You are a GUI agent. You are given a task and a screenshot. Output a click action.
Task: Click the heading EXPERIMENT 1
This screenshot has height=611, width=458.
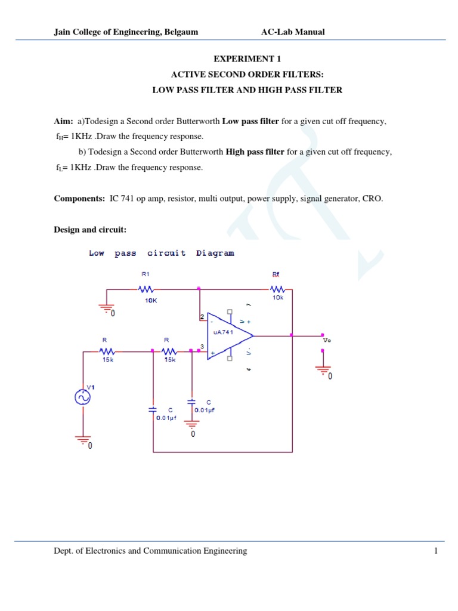pos(246,59)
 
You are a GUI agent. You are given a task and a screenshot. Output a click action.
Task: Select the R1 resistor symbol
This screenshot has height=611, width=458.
pos(146,289)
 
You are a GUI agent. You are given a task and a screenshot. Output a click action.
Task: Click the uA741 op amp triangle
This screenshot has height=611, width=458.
pos(230,336)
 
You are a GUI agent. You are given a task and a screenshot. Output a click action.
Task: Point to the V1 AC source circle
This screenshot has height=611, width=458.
pos(82,397)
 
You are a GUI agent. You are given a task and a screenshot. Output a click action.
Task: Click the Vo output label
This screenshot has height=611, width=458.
pos(326,340)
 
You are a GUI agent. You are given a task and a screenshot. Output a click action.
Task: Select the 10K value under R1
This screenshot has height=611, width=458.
pos(150,301)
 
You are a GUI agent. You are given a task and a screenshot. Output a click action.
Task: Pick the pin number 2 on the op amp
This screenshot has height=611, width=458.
pos(203,317)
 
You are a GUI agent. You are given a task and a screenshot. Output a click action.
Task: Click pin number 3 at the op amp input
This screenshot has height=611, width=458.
pos(203,346)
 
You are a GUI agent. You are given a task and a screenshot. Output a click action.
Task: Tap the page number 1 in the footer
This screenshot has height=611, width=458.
pos(436,551)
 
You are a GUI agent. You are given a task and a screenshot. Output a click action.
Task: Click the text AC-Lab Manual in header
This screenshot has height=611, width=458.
pos(293,32)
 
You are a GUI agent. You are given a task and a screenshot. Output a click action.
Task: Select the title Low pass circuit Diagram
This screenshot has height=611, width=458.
pos(162,253)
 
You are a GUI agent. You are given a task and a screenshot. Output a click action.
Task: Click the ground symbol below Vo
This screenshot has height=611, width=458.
pos(323,369)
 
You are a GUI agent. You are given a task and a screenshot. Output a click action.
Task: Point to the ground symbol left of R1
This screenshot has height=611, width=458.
pos(106,307)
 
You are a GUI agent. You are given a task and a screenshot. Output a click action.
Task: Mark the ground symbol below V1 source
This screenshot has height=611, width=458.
pos(82,441)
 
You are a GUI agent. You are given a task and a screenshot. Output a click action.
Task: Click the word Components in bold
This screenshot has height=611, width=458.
pos(78,199)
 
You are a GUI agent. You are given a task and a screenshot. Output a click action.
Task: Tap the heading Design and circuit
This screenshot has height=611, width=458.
pos(90,229)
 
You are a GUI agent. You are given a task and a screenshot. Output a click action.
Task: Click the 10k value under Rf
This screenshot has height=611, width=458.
pos(278,297)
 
